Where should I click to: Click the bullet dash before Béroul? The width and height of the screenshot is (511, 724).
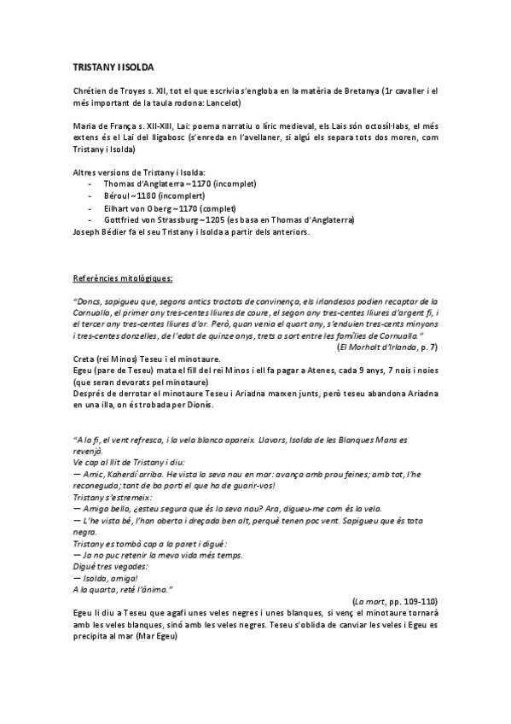point(91,196)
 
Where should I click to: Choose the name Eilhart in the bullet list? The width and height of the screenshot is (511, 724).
point(117,208)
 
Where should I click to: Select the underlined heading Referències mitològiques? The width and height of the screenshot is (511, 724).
point(124,277)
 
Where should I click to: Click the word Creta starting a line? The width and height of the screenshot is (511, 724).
point(84,359)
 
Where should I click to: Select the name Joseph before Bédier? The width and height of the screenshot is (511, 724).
point(88,232)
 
